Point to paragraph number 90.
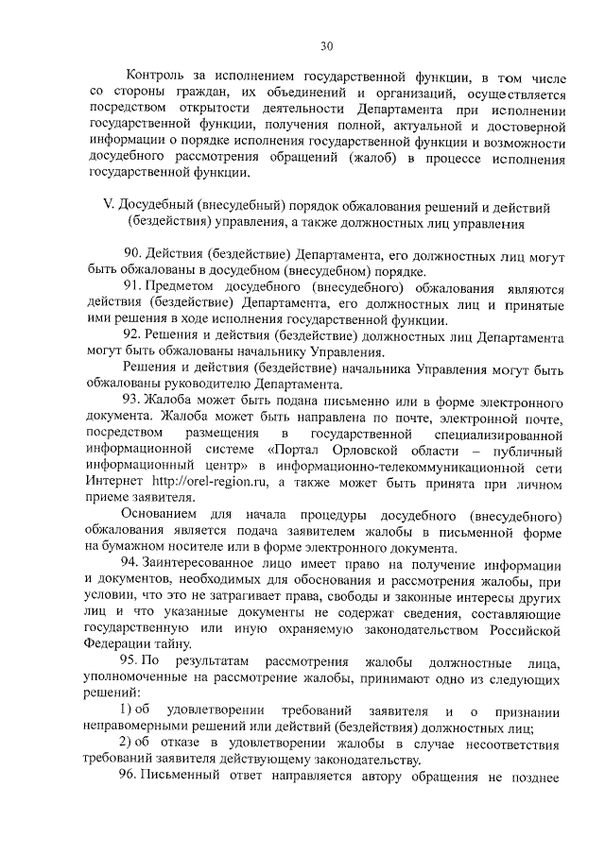pos(132,256)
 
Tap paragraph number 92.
pos(132,335)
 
